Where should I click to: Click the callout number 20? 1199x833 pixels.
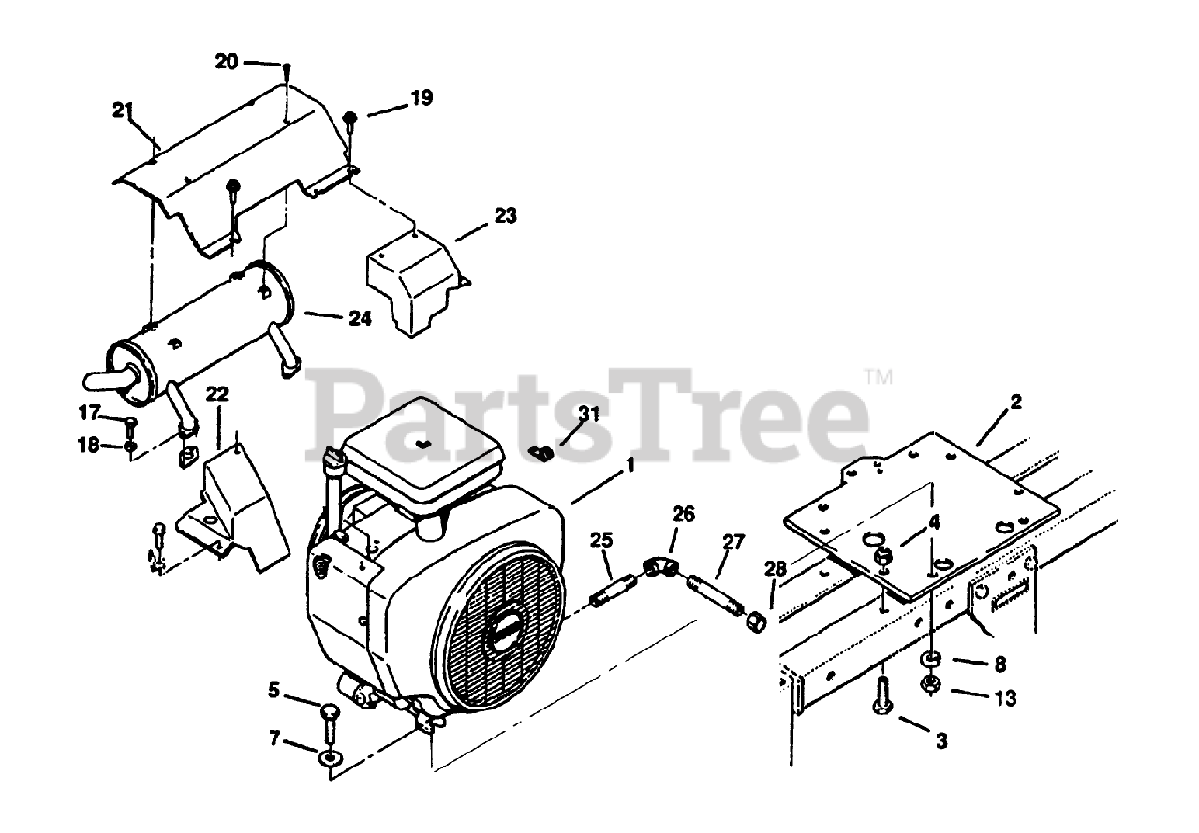pos(227,62)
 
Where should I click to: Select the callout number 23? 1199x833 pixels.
pos(505,216)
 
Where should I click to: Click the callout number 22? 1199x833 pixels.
pos(216,395)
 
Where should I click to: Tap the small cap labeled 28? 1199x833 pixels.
pos(754,621)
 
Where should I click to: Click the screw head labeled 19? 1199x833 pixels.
pos(350,117)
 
